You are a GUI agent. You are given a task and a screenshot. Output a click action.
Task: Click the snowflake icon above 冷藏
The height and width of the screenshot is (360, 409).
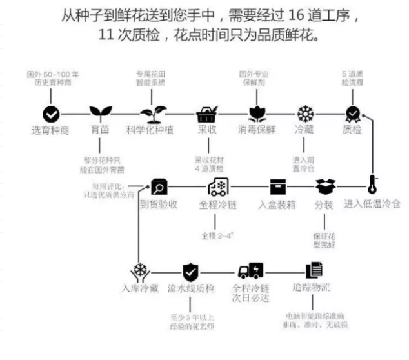coord(304,114)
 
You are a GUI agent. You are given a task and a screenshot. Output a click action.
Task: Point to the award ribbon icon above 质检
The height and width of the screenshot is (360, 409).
coord(352,114)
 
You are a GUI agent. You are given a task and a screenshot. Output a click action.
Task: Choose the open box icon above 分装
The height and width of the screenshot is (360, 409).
coord(324,187)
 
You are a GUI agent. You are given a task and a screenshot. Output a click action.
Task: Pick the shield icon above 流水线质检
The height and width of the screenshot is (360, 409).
coord(190,271)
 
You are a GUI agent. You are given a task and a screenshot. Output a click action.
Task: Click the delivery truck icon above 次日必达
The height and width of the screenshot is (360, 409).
coord(250,271)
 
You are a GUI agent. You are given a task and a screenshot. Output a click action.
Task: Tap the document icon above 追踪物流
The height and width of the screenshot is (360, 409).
coord(314,270)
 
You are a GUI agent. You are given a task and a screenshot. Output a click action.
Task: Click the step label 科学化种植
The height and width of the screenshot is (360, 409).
coord(150,130)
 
